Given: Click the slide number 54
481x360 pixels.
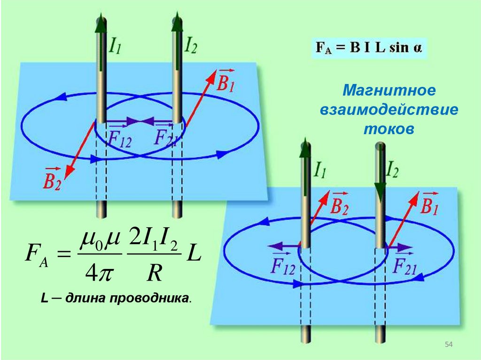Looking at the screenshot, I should click(448, 345).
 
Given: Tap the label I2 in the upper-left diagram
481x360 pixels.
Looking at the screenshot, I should click(191, 46).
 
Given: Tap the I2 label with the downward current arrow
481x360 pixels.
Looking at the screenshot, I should click(392, 171).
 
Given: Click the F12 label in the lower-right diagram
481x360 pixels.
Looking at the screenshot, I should click(283, 266).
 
